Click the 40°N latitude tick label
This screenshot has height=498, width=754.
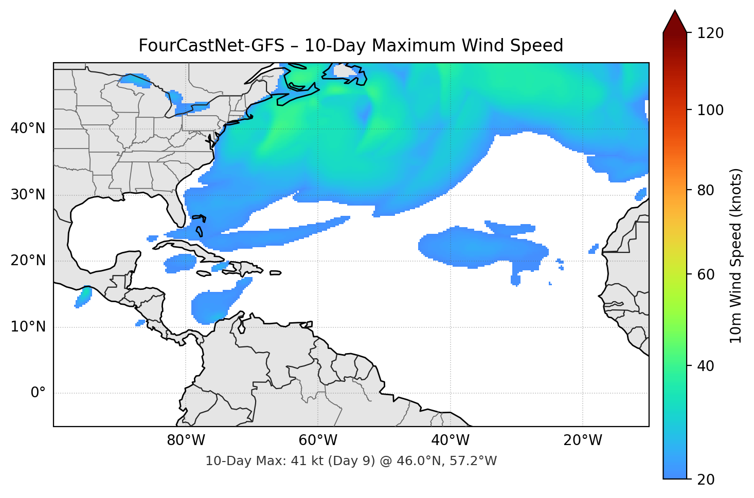point(28,128)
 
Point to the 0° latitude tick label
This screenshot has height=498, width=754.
point(38,393)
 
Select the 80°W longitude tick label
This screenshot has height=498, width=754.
point(186,440)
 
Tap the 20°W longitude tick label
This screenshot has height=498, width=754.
point(582,440)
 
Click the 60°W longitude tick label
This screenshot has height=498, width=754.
point(318,440)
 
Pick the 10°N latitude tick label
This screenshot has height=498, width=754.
point(28,327)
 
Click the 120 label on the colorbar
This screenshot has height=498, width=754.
point(710,33)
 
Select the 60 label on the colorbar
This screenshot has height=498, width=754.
point(704,274)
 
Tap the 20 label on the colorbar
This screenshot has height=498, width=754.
point(704,479)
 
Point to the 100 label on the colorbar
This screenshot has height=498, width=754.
point(710,110)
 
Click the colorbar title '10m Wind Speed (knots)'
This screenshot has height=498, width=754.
point(736,255)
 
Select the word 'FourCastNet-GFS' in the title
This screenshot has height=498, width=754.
point(211,46)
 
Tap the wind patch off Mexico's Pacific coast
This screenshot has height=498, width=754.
point(83,297)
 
